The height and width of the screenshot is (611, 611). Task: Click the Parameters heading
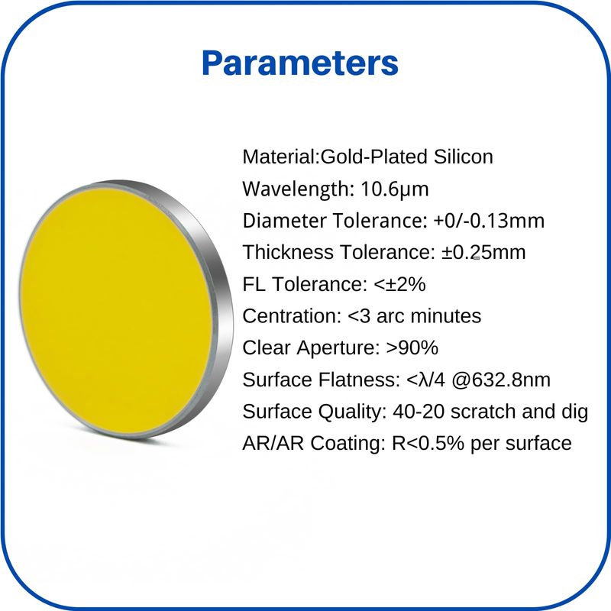(x=300, y=63)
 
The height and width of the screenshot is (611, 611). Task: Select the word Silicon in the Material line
(x=457, y=157)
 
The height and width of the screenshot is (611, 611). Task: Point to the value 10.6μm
(x=395, y=189)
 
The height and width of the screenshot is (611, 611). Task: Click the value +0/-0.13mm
(x=489, y=221)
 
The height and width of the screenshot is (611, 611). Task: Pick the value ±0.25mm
(x=483, y=252)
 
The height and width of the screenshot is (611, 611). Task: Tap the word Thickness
(x=288, y=252)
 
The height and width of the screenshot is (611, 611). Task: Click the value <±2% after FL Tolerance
(x=399, y=284)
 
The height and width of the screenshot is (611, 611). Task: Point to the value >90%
(x=412, y=348)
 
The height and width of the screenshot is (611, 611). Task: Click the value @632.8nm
(x=501, y=380)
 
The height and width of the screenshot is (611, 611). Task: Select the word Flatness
(x=359, y=380)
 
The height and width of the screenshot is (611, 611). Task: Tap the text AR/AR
(x=273, y=444)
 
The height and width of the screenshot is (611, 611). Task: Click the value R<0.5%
(x=428, y=444)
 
